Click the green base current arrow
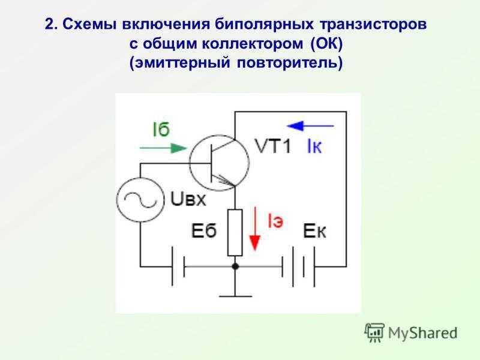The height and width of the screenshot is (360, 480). (x=163, y=148)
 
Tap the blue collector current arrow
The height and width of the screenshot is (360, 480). (x=310, y=125)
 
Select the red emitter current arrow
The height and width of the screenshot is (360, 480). (x=254, y=229)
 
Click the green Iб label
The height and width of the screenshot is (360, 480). (x=161, y=130)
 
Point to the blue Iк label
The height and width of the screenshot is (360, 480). (x=314, y=146)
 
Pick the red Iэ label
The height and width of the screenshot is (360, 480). (x=275, y=220)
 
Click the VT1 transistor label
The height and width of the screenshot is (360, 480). (x=273, y=146)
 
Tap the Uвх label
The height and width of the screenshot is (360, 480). (x=188, y=199)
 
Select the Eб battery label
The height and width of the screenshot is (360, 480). (x=204, y=230)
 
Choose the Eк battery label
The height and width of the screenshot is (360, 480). (x=314, y=231)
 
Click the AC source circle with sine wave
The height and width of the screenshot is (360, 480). (x=140, y=200)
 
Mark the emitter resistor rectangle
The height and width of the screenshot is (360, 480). (x=235, y=232)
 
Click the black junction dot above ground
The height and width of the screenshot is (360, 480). (x=235, y=266)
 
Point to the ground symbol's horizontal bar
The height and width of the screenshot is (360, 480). (x=235, y=296)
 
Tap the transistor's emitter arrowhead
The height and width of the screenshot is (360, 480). (x=227, y=181)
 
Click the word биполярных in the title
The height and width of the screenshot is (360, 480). (x=264, y=25)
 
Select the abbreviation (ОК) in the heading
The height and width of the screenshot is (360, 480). (x=326, y=43)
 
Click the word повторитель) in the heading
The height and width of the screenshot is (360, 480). (x=290, y=63)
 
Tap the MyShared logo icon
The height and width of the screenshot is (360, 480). (x=374, y=332)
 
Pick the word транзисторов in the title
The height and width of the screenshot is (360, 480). (x=373, y=25)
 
